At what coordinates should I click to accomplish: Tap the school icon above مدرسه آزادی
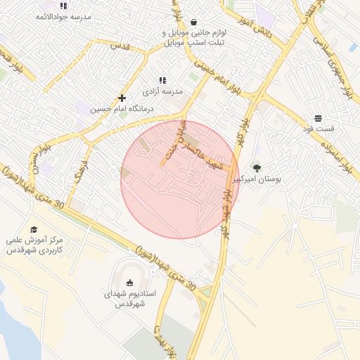click(x=162, y=80)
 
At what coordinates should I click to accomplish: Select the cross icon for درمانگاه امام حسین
click(x=122, y=98)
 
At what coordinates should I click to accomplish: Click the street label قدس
click(x=119, y=45)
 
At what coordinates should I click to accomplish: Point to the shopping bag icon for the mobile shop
click(x=193, y=22)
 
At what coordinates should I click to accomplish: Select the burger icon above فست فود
click(x=319, y=118)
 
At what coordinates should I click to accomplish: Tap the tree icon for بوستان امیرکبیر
click(x=257, y=168)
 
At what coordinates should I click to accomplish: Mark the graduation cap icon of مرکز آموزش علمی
click(x=34, y=229)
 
